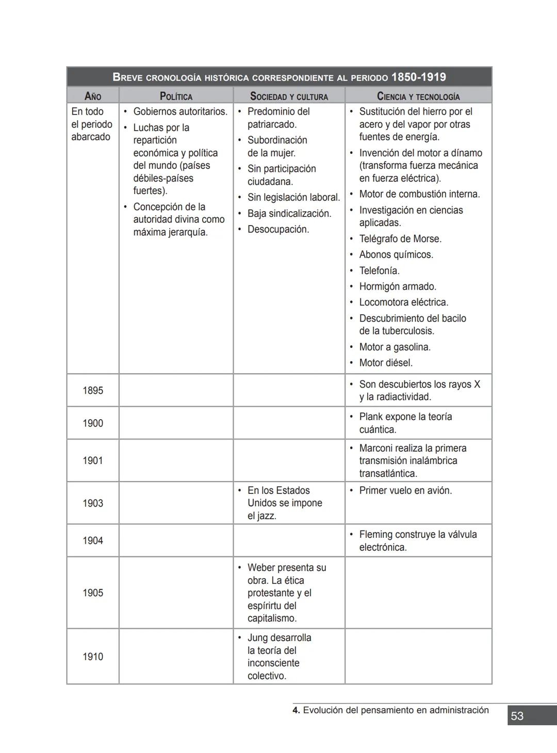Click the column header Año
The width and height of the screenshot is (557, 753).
pyautogui.click(x=93, y=96)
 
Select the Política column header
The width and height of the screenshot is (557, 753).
pyautogui.click(x=176, y=96)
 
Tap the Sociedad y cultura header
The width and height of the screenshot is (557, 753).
pyautogui.click(x=289, y=96)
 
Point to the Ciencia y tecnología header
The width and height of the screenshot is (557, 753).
pyautogui.click(x=418, y=96)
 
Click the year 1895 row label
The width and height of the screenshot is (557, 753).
pyautogui.click(x=93, y=391)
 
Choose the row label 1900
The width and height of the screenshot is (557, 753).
pyautogui.click(x=93, y=423)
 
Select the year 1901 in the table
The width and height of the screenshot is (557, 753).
pyautogui.click(x=93, y=460)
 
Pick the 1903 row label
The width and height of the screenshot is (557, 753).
pyautogui.click(x=93, y=503)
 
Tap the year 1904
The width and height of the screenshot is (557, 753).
pyautogui.click(x=93, y=540)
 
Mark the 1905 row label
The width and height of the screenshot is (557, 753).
pyautogui.click(x=93, y=592)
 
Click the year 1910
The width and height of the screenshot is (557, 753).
pyautogui.click(x=93, y=656)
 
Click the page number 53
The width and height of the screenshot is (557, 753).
pyautogui.click(x=517, y=716)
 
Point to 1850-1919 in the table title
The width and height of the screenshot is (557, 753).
pyautogui.click(x=419, y=77)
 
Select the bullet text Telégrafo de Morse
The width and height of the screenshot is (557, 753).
pyautogui.click(x=400, y=239)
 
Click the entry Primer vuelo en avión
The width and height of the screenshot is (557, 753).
pyautogui.click(x=405, y=490)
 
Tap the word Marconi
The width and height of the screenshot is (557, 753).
pyautogui.click(x=376, y=448)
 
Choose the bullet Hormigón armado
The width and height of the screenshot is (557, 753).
pyautogui.click(x=398, y=286)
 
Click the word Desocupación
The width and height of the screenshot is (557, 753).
pyautogui.click(x=278, y=229)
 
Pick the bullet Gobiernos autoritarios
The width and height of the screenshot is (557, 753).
pyautogui.click(x=180, y=111)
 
